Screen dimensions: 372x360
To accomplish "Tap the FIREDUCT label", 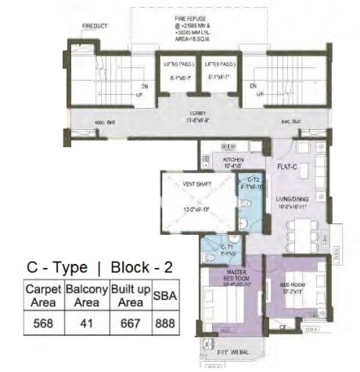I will (x=95, y=26).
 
